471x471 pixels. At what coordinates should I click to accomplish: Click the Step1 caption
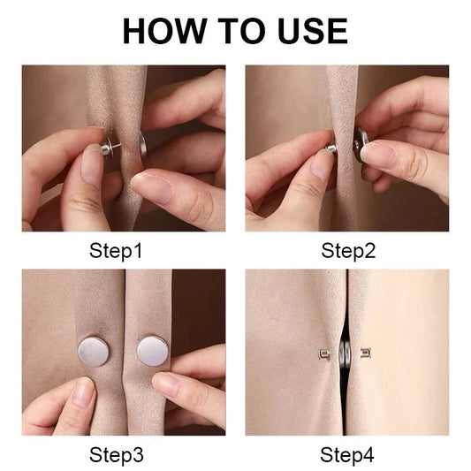point(116,251)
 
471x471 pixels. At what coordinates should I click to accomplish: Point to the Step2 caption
point(348,251)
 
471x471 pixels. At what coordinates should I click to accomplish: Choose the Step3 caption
point(116,456)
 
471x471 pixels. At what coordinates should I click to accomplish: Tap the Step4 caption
point(348,456)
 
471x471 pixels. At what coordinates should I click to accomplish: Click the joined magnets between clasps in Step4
point(347,355)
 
